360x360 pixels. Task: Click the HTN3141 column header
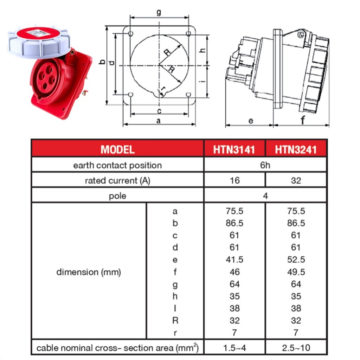point(234,149)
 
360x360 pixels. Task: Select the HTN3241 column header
point(296,149)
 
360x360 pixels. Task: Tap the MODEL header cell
point(117,149)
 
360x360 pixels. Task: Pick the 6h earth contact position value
point(265,165)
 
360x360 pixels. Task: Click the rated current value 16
point(234,181)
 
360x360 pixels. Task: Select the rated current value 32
point(296,181)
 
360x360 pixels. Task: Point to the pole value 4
point(265,196)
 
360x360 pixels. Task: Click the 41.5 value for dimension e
point(234,260)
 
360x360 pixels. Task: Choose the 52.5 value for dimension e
point(296,260)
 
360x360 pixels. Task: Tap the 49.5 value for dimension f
point(296,272)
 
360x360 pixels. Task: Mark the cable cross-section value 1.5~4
point(234,348)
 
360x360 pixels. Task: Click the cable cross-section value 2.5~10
point(296,348)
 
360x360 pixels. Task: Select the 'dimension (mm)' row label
point(89,272)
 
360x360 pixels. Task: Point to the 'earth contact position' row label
point(117,165)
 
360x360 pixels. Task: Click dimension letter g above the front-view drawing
point(159,12)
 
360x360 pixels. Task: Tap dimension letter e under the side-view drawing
point(250,121)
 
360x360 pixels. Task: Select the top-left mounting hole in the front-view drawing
point(131,34)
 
